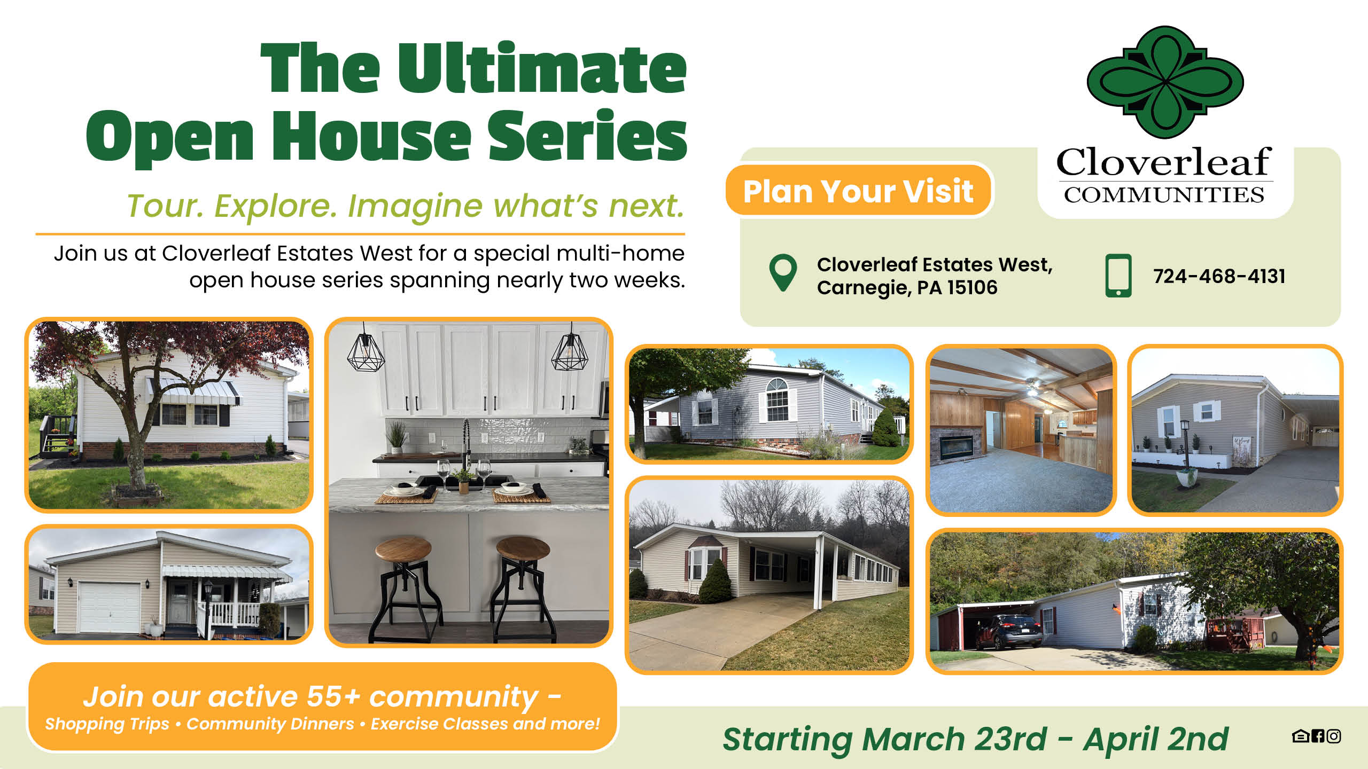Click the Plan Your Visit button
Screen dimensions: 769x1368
coord(858,191)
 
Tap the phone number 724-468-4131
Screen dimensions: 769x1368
coord(1219,276)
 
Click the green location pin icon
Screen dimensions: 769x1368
coord(783,271)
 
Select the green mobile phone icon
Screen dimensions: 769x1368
coord(1118,276)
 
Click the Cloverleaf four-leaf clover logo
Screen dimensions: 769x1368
coord(1165,83)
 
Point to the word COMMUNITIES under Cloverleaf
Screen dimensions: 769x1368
coord(1164,195)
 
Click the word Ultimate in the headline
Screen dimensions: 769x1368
coord(541,69)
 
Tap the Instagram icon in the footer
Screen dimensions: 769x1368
coord(1334,736)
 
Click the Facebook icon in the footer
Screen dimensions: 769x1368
coord(1318,736)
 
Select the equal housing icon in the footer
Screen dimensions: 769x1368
coord(1300,736)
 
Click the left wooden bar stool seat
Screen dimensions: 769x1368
coord(403,549)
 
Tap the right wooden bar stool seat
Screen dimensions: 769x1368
coord(523,549)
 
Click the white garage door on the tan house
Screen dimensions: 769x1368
coord(110,607)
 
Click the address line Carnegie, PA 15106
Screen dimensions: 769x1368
coord(907,288)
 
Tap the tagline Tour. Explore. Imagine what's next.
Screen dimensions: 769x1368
coord(406,206)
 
